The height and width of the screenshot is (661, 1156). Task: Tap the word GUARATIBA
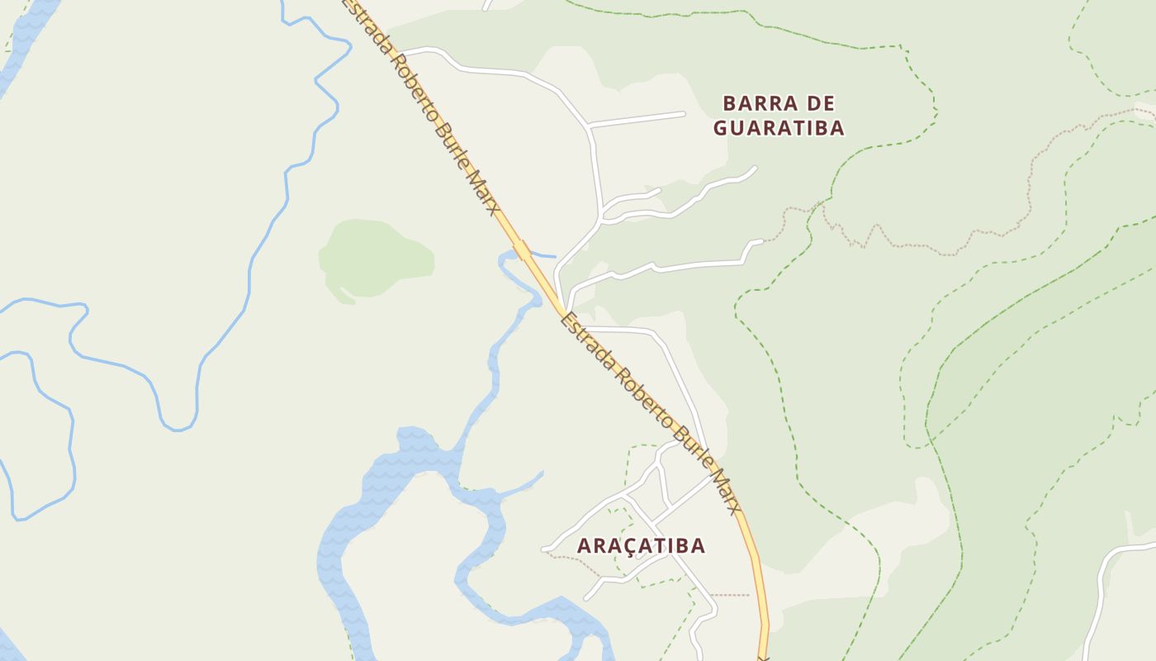pos(779,128)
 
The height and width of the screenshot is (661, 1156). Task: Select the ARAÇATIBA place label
pos(641,545)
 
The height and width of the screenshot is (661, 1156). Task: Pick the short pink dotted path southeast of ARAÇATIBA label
pos(730,594)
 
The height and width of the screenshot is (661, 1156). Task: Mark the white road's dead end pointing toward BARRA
pos(684,113)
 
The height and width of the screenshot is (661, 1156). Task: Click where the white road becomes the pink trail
pos(763,241)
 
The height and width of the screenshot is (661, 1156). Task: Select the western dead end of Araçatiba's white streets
pos(543,549)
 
